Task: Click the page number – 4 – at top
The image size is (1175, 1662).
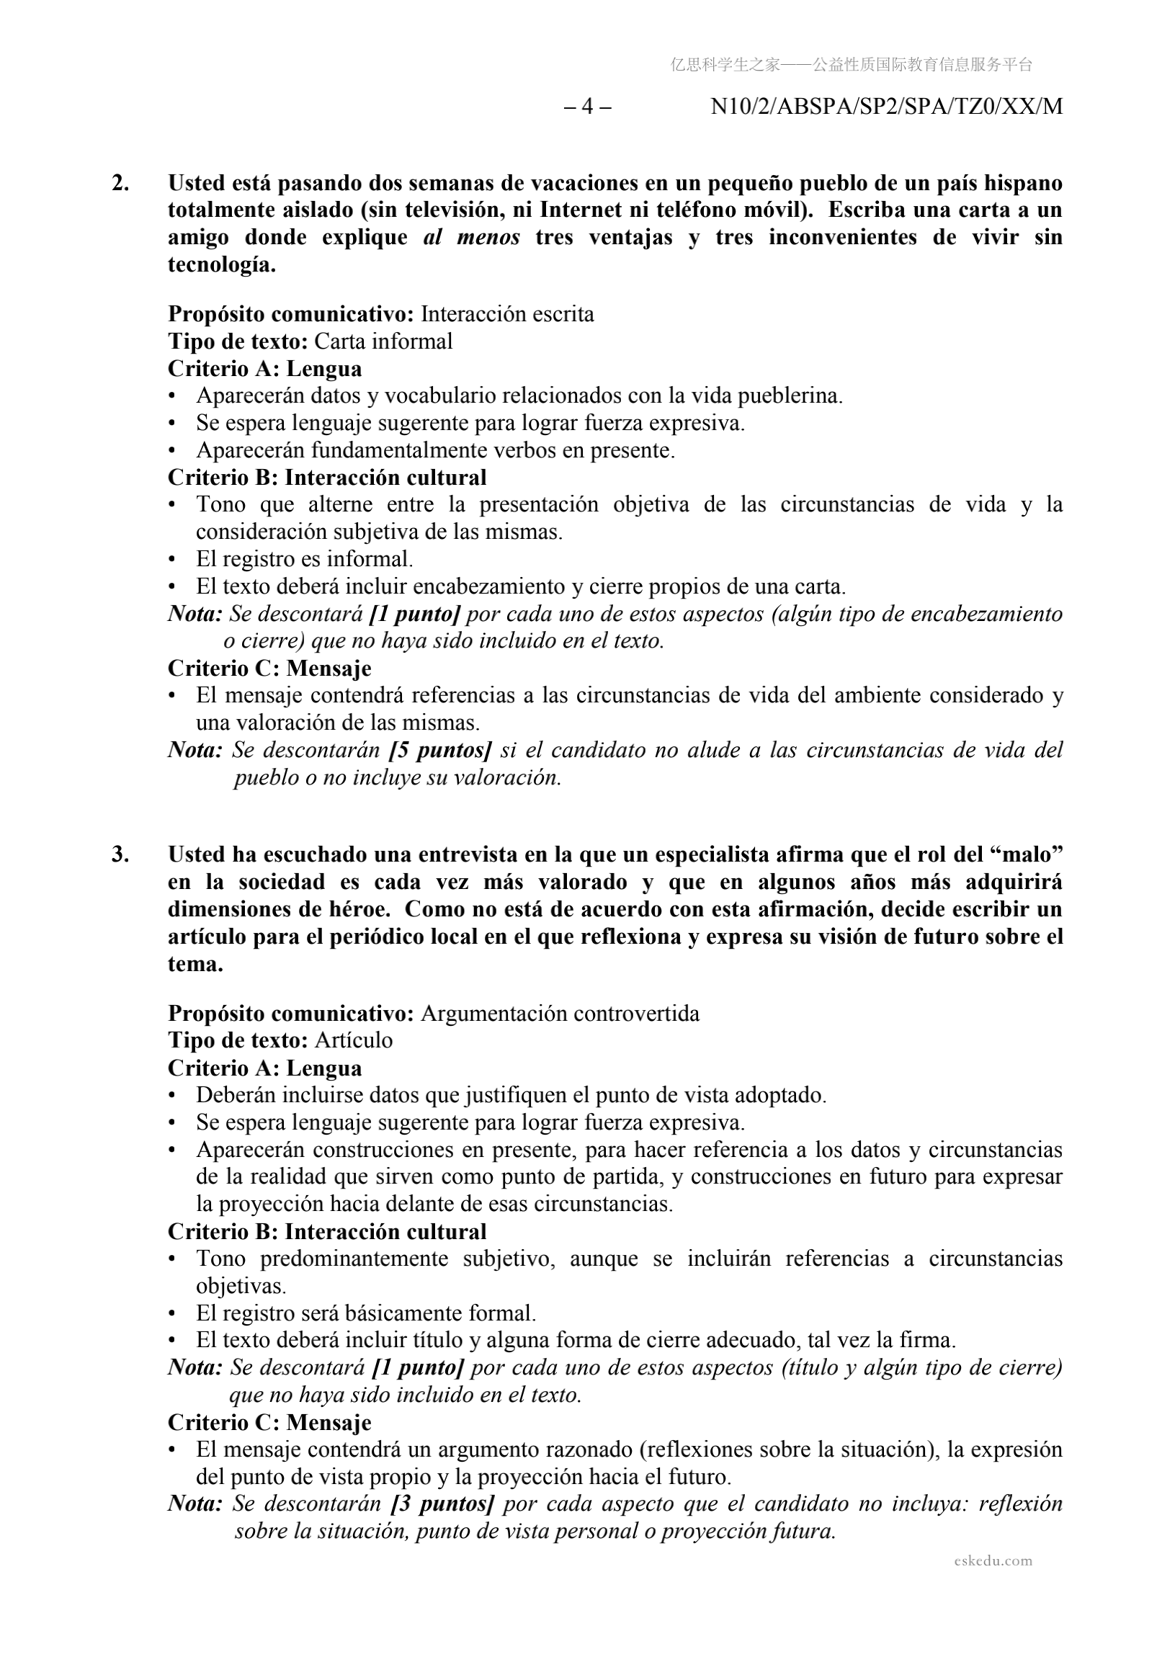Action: point(587,107)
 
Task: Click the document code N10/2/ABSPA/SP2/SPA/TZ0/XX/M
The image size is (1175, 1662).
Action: point(886,107)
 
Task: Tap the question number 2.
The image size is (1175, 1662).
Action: point(121,183)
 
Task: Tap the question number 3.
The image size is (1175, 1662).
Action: point(121,855)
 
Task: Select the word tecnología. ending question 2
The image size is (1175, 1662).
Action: point(223,265)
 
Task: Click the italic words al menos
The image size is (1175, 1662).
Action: point(471,238)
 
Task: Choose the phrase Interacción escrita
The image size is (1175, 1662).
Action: point(507,314)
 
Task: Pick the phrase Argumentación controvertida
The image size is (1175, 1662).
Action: point(560,1014)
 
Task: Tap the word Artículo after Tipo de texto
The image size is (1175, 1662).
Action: point(353,1040)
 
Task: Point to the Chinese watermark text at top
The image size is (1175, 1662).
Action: point(851,65)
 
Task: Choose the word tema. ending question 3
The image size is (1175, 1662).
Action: point(195,964)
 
